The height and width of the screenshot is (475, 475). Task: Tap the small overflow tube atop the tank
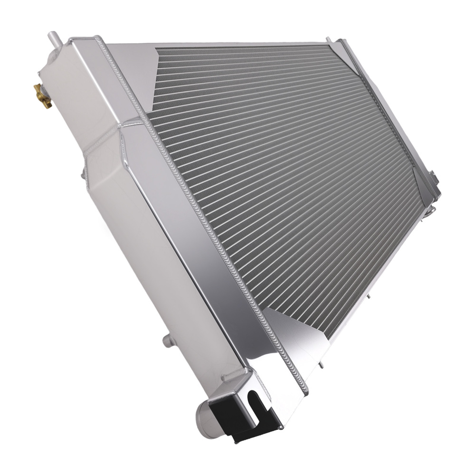[x=52, y=37]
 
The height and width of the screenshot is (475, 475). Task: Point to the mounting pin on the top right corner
[x=328, y=39]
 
